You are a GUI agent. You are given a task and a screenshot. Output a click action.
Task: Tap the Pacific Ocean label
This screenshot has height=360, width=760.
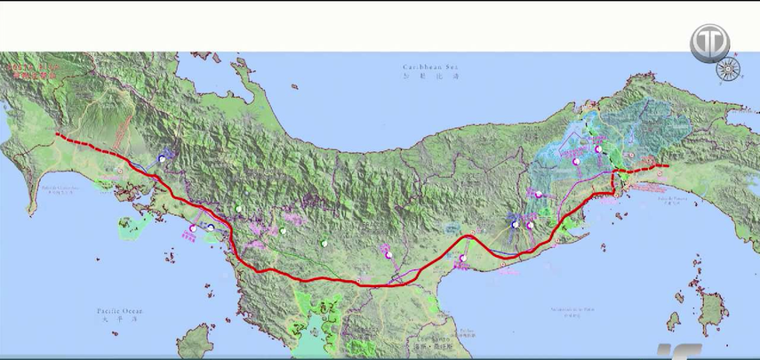tap(120, 310)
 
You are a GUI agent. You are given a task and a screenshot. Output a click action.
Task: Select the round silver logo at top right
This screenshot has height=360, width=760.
tap(709, 42)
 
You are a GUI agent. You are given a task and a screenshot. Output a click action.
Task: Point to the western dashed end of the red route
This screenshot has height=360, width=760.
tap(58, 135)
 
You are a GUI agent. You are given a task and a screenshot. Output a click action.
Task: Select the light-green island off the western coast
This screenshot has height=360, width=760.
tap(132, 226)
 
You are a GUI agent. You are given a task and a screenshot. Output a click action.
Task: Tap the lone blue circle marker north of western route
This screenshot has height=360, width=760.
tap(162, 158)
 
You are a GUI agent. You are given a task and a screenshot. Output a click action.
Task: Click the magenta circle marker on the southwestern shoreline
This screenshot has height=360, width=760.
tap(192, 229)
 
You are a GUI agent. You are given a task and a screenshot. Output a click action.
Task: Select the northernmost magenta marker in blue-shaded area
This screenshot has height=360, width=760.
tap(576, 162)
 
